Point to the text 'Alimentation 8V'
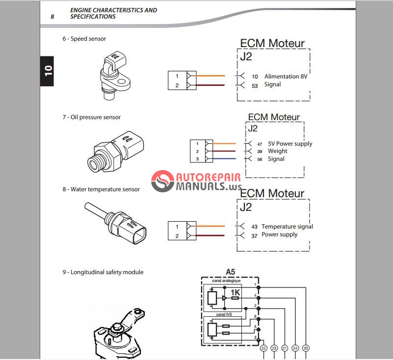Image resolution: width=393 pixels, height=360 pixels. [x=288, y=77]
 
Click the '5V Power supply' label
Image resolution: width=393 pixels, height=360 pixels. [x=290, y=144]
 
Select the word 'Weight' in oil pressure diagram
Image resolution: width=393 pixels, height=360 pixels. [x=278, y=151]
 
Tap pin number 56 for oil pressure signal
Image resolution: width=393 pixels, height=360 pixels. [x=259, y=159]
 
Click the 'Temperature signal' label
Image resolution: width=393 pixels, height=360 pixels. [x=287, y=227]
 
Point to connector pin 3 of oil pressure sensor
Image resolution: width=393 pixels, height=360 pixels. [x=197, y=159]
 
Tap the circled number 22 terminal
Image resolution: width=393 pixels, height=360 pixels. [x=263, y=348]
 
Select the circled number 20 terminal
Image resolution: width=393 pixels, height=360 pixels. [x=306, y=348]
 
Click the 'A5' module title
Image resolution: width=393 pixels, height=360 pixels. [x=231, y=272]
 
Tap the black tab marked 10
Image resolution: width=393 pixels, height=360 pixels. [x=47, y=71]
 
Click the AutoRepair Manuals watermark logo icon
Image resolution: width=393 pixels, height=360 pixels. [x=163, y=182]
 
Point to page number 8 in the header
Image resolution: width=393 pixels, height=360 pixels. [x=52, y=16]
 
